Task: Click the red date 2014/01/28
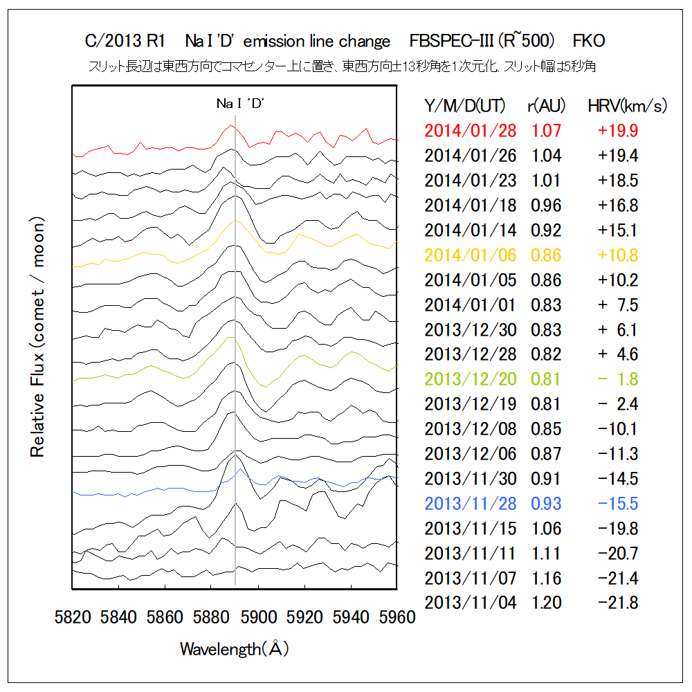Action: pyautogui.click(x=471, y=130)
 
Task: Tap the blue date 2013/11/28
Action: pyautogui.click(x=471, y=504)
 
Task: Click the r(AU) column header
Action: pyautogui.click(x=545, y=106)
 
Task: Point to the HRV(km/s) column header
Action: pyautogui.click(x=627, y=106)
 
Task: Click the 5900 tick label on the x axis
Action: pyautogui.click(x=259, y=616)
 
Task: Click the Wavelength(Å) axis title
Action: pyautogui.click(x=235, y=649)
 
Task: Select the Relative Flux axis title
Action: pyautogui.click(x=37, y=337)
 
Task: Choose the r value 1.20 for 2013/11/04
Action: pyautogui.click(x=546, y=603)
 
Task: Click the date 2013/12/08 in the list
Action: pyautogui.click(x=471, y=429)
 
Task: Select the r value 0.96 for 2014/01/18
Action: pyautogui.click(x=546, y=205)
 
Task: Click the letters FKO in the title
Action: pyautogui.click(x=589, y=42)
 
